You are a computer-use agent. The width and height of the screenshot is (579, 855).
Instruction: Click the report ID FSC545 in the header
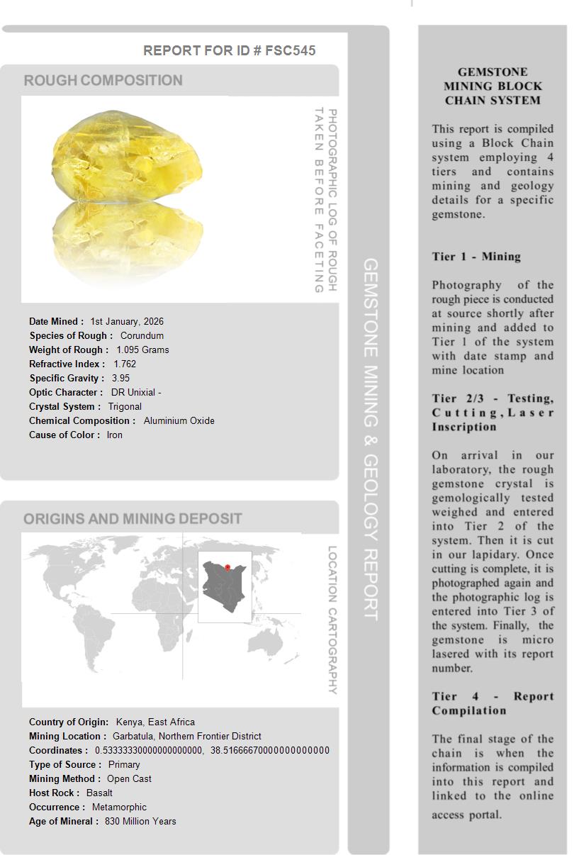click(290, 50)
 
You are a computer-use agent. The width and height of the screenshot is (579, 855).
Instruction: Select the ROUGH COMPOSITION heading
click(103, 81)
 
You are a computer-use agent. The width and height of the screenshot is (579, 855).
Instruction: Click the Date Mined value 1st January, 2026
click(127, 321)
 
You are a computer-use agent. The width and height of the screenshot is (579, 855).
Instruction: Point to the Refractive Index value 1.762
click(125, 364)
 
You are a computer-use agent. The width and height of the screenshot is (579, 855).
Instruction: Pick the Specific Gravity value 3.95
click(120, 378)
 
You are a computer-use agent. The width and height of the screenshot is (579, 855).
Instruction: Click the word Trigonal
click(125, 406)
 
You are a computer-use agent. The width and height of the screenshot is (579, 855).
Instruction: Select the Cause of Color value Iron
click(114, 435)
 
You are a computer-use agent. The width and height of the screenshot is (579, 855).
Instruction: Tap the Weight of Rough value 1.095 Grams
click(142, 350)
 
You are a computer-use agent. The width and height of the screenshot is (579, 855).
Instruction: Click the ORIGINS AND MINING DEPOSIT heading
click(133, 519)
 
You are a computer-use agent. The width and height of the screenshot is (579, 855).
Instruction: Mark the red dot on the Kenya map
click(227, 567)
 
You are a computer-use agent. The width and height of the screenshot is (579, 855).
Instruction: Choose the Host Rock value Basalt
click(99, 793)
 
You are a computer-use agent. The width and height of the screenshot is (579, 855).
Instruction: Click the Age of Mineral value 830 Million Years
click(140, 821)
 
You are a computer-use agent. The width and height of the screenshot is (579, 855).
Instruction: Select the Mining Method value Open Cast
click(129, 778)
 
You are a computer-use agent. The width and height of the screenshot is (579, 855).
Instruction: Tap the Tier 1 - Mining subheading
click(476, 257)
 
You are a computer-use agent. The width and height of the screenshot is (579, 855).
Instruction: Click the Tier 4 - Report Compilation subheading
click(493, 703)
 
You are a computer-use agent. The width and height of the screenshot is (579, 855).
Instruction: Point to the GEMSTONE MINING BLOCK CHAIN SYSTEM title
click(493, 86)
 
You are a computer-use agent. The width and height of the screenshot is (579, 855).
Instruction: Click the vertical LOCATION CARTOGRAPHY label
click(332, 620)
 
